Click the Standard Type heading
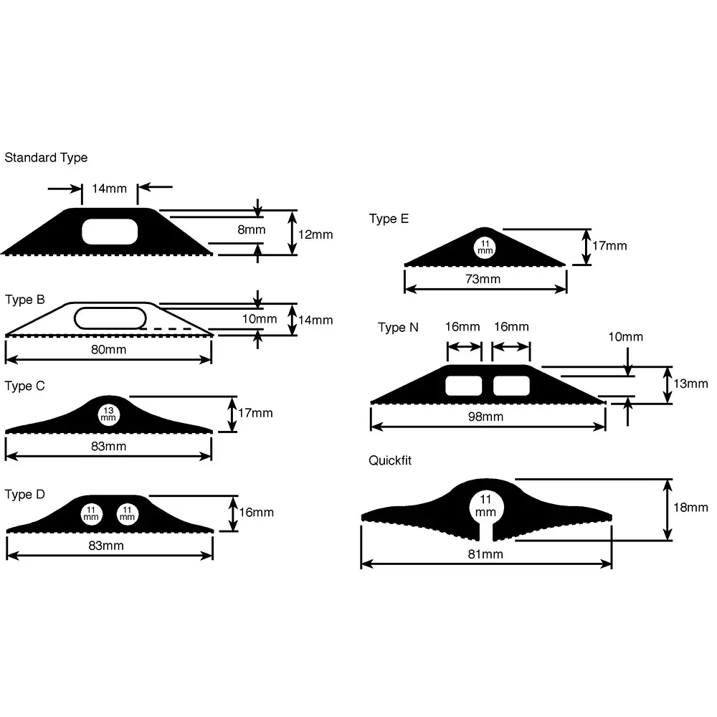(46, 158)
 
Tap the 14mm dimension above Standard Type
(109, 189)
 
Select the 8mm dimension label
(252, 229)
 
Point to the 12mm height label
(315, 234)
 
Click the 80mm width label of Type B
(108, 349)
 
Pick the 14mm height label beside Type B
(315, 320)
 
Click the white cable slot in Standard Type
(110, 232)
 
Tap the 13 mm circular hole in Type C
(108, 414)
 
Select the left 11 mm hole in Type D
(92, 514)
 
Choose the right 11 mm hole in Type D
(127, 514)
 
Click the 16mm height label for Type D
(257, 512)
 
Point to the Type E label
(389, 219)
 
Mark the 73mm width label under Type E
(483, 279)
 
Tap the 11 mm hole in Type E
(485, 247)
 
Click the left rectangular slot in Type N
(464, 386)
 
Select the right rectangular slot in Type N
(512, 386)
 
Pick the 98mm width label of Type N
(485, 417)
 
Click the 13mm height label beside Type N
(690, 384)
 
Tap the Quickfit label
(390, 460)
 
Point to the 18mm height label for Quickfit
(690, 508)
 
